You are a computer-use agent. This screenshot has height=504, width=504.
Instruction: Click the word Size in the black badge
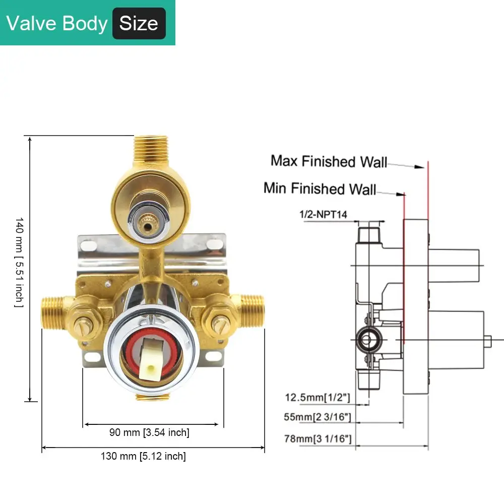point(139,24)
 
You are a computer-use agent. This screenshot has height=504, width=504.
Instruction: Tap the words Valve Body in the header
point(56,24)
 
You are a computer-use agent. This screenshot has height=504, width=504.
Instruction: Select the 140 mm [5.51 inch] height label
point(19,262)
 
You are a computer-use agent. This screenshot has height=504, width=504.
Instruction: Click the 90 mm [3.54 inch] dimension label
point(149,432)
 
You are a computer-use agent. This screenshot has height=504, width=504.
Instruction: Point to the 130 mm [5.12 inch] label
point(143,456)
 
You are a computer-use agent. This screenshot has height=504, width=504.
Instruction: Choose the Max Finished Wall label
point(329,161)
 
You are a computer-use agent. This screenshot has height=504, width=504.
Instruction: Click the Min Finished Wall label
point(320,188)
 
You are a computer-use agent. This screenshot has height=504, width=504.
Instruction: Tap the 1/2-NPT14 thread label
point(324,214)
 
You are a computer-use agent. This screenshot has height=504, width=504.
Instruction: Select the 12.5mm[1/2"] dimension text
point(318,398)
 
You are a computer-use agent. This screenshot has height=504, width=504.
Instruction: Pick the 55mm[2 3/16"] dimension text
point(318,417)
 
